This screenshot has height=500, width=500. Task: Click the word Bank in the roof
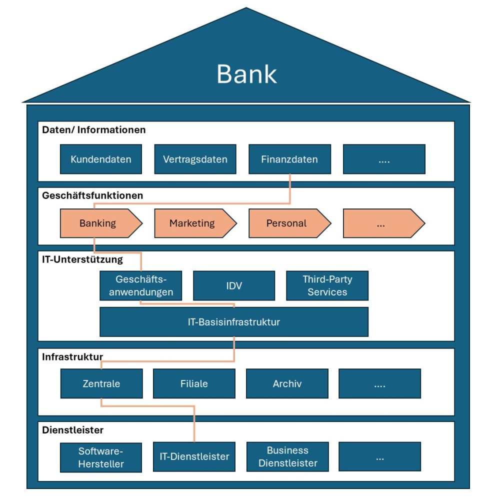[x=246, y=74]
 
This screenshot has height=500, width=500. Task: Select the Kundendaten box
[x=101, y=159]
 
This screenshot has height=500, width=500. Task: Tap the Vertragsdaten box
[x=195, y=159]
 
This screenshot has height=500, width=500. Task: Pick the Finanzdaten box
[x=289, y=159]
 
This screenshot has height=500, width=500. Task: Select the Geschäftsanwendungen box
[x=140, y=285]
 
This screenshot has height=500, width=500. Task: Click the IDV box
[x=234, y=285]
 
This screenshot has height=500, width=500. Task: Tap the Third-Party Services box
[x=327, y=285]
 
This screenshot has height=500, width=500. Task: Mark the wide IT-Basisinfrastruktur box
[x=234, y=322]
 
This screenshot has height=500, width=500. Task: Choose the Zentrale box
[x=101, y=383]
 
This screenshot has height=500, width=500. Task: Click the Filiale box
[x=194, y=383]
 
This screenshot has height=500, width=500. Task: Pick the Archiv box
[x=287, y=383]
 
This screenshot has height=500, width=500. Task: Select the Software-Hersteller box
[x=101, y=457]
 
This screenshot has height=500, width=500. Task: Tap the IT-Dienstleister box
[x=194, y=456]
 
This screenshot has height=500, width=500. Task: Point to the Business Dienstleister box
[x=287, y=456]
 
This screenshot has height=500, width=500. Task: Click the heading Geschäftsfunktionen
[x=92, y=195]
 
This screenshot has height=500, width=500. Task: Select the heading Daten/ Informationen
[x=94, y=130]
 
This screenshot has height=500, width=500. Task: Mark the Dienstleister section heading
[x=72, y=430]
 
